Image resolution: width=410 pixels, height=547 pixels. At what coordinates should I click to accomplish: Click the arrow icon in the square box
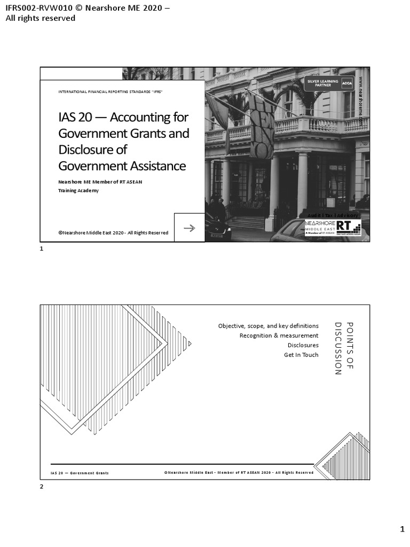[189, 228]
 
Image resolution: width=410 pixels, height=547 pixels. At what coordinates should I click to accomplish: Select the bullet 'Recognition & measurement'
[279, 335]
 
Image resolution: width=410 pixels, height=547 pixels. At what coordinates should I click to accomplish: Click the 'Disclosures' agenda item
[303, 345]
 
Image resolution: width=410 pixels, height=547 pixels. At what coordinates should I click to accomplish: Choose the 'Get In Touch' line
[301, 355]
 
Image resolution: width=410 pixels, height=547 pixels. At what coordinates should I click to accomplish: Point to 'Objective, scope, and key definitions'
[268, 326]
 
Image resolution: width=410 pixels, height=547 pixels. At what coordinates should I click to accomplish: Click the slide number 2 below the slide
[42, 487]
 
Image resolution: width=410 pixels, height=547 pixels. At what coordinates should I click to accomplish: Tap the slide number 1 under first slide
[42, 249]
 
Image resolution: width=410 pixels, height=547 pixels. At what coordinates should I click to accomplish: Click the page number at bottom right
[403, 529]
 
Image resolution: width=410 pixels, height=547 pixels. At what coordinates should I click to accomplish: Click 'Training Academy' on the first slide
[78, 191]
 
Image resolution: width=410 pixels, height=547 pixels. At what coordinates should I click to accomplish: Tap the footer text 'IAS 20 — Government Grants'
[80, 473]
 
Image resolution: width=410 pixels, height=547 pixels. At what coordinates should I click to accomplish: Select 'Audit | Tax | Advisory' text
[333, 215]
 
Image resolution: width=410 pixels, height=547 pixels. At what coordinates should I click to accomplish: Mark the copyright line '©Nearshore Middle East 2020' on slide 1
[113, 233]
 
